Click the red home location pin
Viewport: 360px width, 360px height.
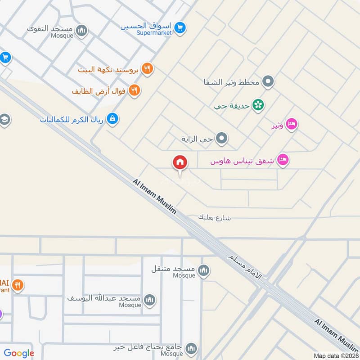click(x=180, y=162)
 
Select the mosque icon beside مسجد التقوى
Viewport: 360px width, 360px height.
click(x=81, y=31)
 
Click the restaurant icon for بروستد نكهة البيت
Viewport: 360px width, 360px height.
click(x=147, y=69)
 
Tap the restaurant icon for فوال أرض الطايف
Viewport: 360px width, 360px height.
click(x=134, y=90)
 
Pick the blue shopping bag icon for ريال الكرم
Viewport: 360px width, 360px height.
click(x=112, y=119)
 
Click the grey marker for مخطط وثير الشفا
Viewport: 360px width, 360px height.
click(x=268, y=82)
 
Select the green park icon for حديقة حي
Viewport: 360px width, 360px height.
click(x=258, y=105)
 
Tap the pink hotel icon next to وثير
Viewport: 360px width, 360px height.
click(x=292, y=124)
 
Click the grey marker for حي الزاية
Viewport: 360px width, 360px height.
click(x=221, y=139)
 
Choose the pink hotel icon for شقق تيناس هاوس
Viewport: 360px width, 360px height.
click(x=283, y=160)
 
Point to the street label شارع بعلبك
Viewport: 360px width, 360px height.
click(x=214, y=217)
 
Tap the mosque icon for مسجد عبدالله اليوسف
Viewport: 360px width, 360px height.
click(x=149, y=300)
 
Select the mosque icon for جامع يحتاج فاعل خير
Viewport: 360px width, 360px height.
click(x=191, y=348)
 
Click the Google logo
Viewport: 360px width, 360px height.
click(x=19, y=354)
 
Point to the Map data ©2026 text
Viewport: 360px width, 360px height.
click(x=335, y=355)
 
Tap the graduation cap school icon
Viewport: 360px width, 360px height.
click(x=4, y=120)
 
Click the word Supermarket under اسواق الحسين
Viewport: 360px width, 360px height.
click(x=155, y=33)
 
